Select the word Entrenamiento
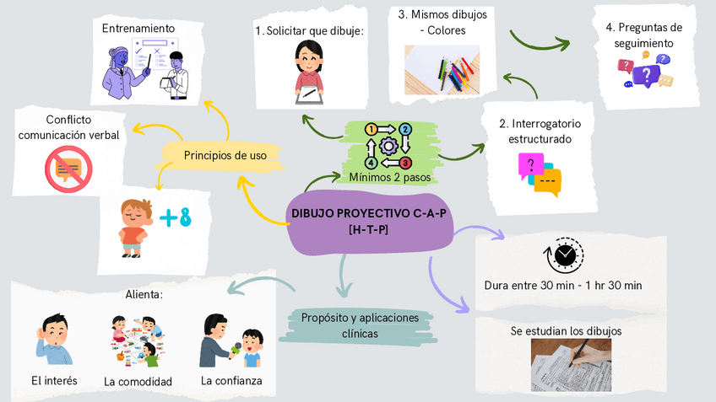pyautogui.click(x=138, y=29)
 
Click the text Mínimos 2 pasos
pyautogui.click(x=389, y=178)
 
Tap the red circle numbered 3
pyautogui.click(x=405, y=163)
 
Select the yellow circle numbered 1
pyautogui.click(x=371, y=130)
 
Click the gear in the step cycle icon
pyautogui.click(x=388, y=146)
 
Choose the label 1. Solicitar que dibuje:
pyautogui.click(x=309, y=31)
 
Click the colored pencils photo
pyautogui.click(x=447, y=67)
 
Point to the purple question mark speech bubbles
pyautogui.click(x=645, y=71)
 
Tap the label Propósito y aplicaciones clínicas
pyautogui.click(x=360, y=325)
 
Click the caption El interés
pyautogui.click(x=54, y=381)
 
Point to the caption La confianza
pyautogui.click(x=231, y=381)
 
